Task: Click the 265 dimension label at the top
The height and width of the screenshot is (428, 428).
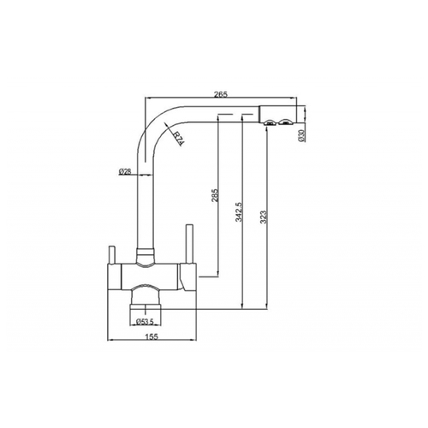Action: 222,94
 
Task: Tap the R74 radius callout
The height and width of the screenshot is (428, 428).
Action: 179,138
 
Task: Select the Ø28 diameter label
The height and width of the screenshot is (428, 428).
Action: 124,171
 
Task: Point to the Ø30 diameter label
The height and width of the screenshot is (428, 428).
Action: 301,135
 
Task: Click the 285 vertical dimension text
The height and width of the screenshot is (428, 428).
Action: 215,195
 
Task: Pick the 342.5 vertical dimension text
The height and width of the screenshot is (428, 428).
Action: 239,211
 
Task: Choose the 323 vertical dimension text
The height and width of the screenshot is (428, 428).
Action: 263,217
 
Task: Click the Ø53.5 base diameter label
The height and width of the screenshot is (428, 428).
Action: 145,322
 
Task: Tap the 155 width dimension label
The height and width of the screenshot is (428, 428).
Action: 152,336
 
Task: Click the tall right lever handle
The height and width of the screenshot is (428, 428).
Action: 189,244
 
